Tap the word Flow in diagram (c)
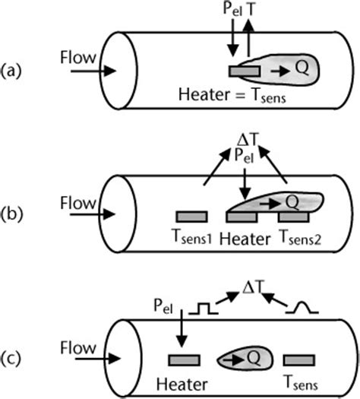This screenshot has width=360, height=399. [x=78, y=348]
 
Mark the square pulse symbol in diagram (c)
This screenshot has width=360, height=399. [x=203, y=309]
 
